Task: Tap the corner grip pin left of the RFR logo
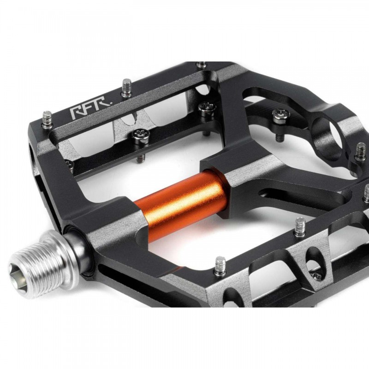point(47,119)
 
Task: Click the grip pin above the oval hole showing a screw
point(300,226)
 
